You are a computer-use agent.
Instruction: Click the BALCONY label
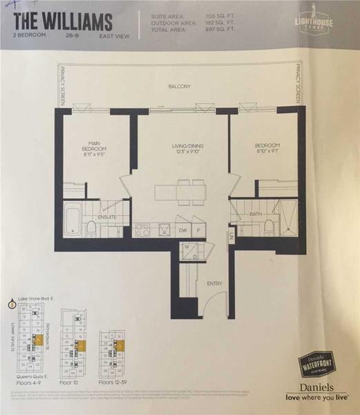coord(178,86)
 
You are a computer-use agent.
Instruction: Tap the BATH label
coord(255,214)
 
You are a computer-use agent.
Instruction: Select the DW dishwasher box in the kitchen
coord(182,230)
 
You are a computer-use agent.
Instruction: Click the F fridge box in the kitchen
coord(198,230)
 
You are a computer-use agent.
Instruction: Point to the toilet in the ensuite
coord(91,228)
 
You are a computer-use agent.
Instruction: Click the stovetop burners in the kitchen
coord(142,230)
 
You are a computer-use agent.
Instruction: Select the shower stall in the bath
coord(285,216)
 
